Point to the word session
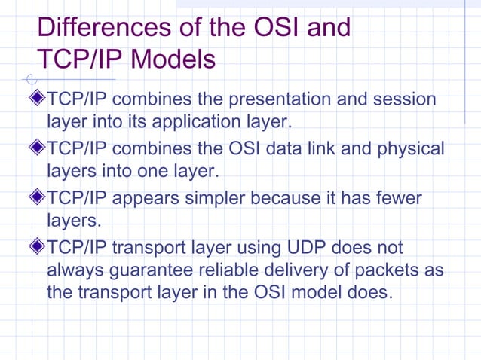point(397,99)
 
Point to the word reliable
point(231,270)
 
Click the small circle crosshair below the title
point(30,78)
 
